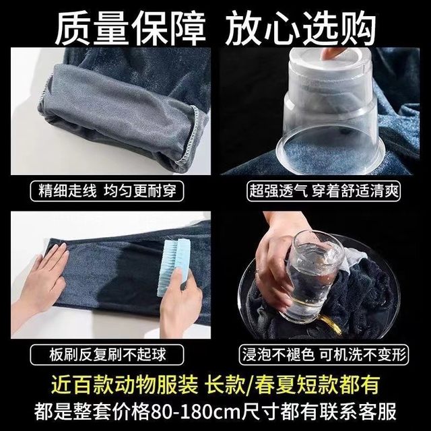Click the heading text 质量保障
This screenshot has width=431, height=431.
(130, 28)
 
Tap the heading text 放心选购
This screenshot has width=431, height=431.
(301, 28)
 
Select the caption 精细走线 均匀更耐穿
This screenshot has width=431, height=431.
(107, 191)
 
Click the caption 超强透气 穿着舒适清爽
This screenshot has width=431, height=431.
(324, 191)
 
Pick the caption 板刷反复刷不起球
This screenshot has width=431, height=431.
(108, 355)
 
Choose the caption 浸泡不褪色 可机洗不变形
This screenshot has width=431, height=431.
(324, 355)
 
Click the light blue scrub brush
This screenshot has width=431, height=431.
(174, 267)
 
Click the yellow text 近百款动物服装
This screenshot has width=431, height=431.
(125, 385)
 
